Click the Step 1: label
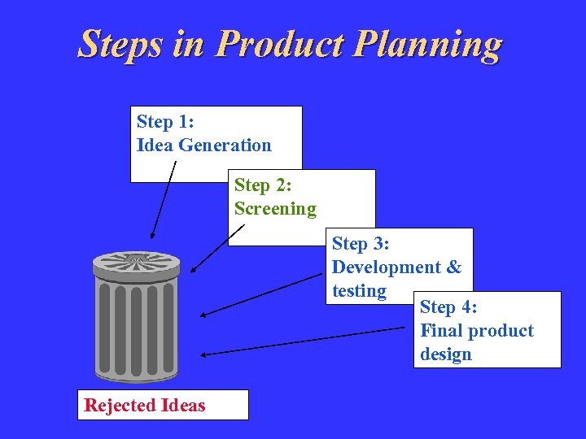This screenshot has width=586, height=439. click(x=164, y=122)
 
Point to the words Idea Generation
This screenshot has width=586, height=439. click(x=203, y=146)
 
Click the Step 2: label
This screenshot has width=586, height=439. click(x=263, y=185)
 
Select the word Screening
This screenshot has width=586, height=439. click(x=275, y=209)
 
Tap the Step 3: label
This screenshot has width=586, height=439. click(x=361, y=244)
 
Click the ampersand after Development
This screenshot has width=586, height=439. click(x=453, y=267)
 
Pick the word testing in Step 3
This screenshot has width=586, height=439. click(x=359, y=291)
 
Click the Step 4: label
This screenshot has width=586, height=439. click(x=448, y=307)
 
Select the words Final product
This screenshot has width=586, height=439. click(x=476, y=331)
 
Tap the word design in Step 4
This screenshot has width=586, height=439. click(x=446, y=354)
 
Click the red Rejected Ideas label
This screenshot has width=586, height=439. click(x=145, y=405)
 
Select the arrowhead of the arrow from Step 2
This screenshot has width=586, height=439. click(x=193, y=270)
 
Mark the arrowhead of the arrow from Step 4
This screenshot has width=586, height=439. click(x=204, y=354)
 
